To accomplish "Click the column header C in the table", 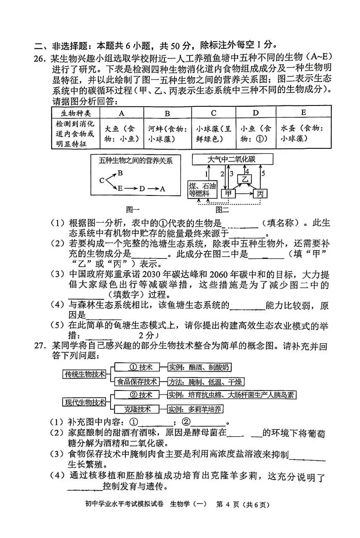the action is point(214,113).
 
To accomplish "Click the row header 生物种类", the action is point(76,113).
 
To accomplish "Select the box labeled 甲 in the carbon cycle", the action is point(228,194).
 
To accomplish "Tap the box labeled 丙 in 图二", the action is point(260,194).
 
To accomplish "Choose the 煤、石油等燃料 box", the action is point(202,190).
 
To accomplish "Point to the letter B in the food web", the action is point(120,173).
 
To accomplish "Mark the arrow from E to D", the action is point(131,189).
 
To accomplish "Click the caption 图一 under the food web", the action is point(133,209).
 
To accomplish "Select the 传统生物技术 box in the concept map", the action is point(85,374).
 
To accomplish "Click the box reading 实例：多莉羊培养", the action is point(196,409).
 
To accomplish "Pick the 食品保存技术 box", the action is point(137,382).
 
